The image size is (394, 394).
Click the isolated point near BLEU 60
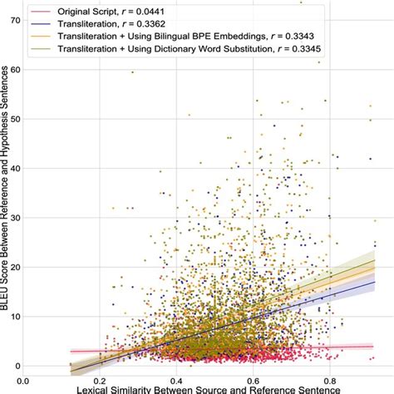pyautogui.click(x=132, y=72)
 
